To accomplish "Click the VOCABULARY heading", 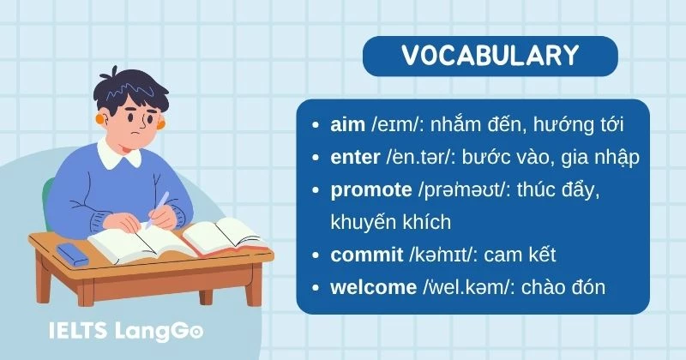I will (490, 56).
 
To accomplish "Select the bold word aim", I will (347, 125).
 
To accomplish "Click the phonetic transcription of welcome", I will (468, 286).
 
